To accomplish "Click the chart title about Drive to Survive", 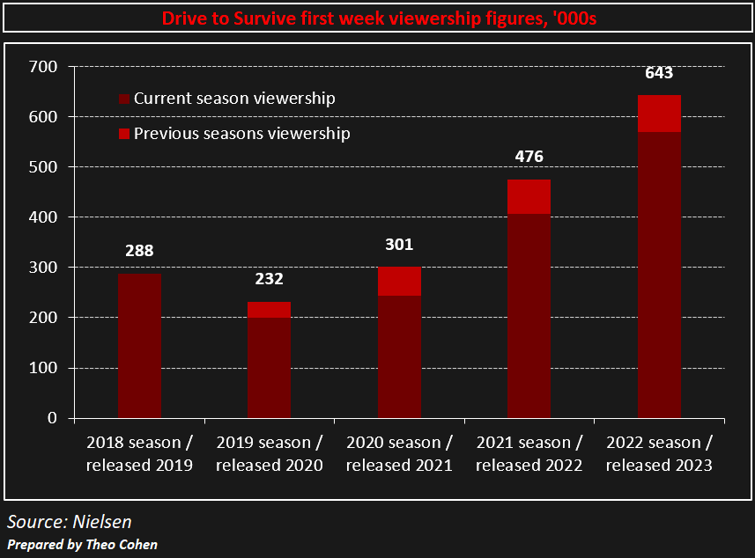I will [x=377, y=18].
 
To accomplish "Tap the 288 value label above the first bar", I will [x=139, y=251].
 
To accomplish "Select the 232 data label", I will [x=269, y=279].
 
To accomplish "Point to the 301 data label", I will [x=399, y=245].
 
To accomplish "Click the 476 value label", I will [x=529, y=157].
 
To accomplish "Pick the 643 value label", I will [x=659, y=73].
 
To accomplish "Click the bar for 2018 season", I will [x=139, y=345].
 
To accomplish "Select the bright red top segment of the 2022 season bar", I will [x=659, y=114].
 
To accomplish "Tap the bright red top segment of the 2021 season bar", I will [x=529, y=197].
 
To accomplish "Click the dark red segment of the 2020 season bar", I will [x=399, y=356].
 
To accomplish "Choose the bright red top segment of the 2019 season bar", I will [x=269, y=310].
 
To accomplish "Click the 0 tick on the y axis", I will [x=52, y=418].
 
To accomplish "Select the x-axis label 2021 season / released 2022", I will [x=529, y=454].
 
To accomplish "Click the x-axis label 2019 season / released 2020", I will [x=269, y=454].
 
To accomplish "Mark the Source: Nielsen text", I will [x=70, y=522].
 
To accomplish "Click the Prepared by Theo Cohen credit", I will [x=83, y=545].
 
